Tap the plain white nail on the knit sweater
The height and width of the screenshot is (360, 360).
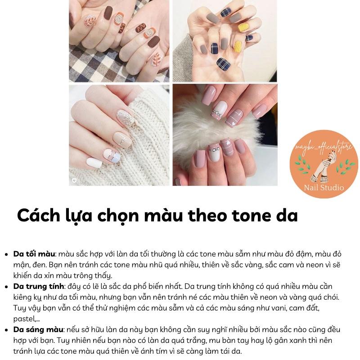coord(94,162)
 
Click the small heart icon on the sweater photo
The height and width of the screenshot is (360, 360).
coord(74,180)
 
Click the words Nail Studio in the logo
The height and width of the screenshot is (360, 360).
coord(324,188)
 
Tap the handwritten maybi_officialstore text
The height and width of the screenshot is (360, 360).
coord(324,147)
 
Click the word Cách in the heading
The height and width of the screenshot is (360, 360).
coord(39,216)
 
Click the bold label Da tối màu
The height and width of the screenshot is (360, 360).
coord(34,254)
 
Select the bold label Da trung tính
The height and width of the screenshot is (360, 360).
coord(39,287)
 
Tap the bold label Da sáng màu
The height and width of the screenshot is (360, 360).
coord(38,330)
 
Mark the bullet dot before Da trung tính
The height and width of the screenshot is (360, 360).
coord(6,287)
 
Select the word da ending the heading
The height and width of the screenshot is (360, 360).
coord(287,216)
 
